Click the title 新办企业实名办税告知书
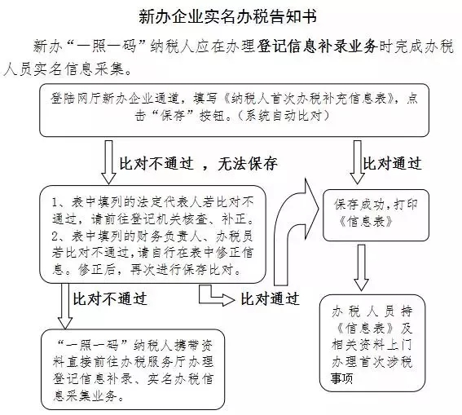pyautogui.click(x=228, y=17)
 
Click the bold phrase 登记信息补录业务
pyautogui.click(x=317, y=46)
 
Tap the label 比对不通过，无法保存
pyautogui.click(x=198, y=163)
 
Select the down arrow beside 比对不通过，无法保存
pyautogui.click(x=108, y=162)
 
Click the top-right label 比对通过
pyautogui.click(x=392, y=163)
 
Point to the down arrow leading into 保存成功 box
pyautogui.click(x=357, y=162)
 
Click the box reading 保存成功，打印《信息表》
pyautogui.click(x=376, y=215)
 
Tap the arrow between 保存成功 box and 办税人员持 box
pyautogui.click(x=361, y=267)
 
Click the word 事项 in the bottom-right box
pyautogui.click(x=341, y=378)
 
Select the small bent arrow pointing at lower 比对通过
pyautogui.click(x=217, y=296)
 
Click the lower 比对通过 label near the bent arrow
pyautogui.click(x=271, y=299)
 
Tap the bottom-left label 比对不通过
pyautogui.click(x=110, y=299)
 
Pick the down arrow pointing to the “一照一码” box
pyautogui.click(x=65, y=306)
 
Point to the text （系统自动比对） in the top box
pyautogui.click(x=284, y=116)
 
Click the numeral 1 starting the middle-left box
pyautogui.click(x=55, y=203)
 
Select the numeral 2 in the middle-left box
pyautogui.click(x=55, y=236)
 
